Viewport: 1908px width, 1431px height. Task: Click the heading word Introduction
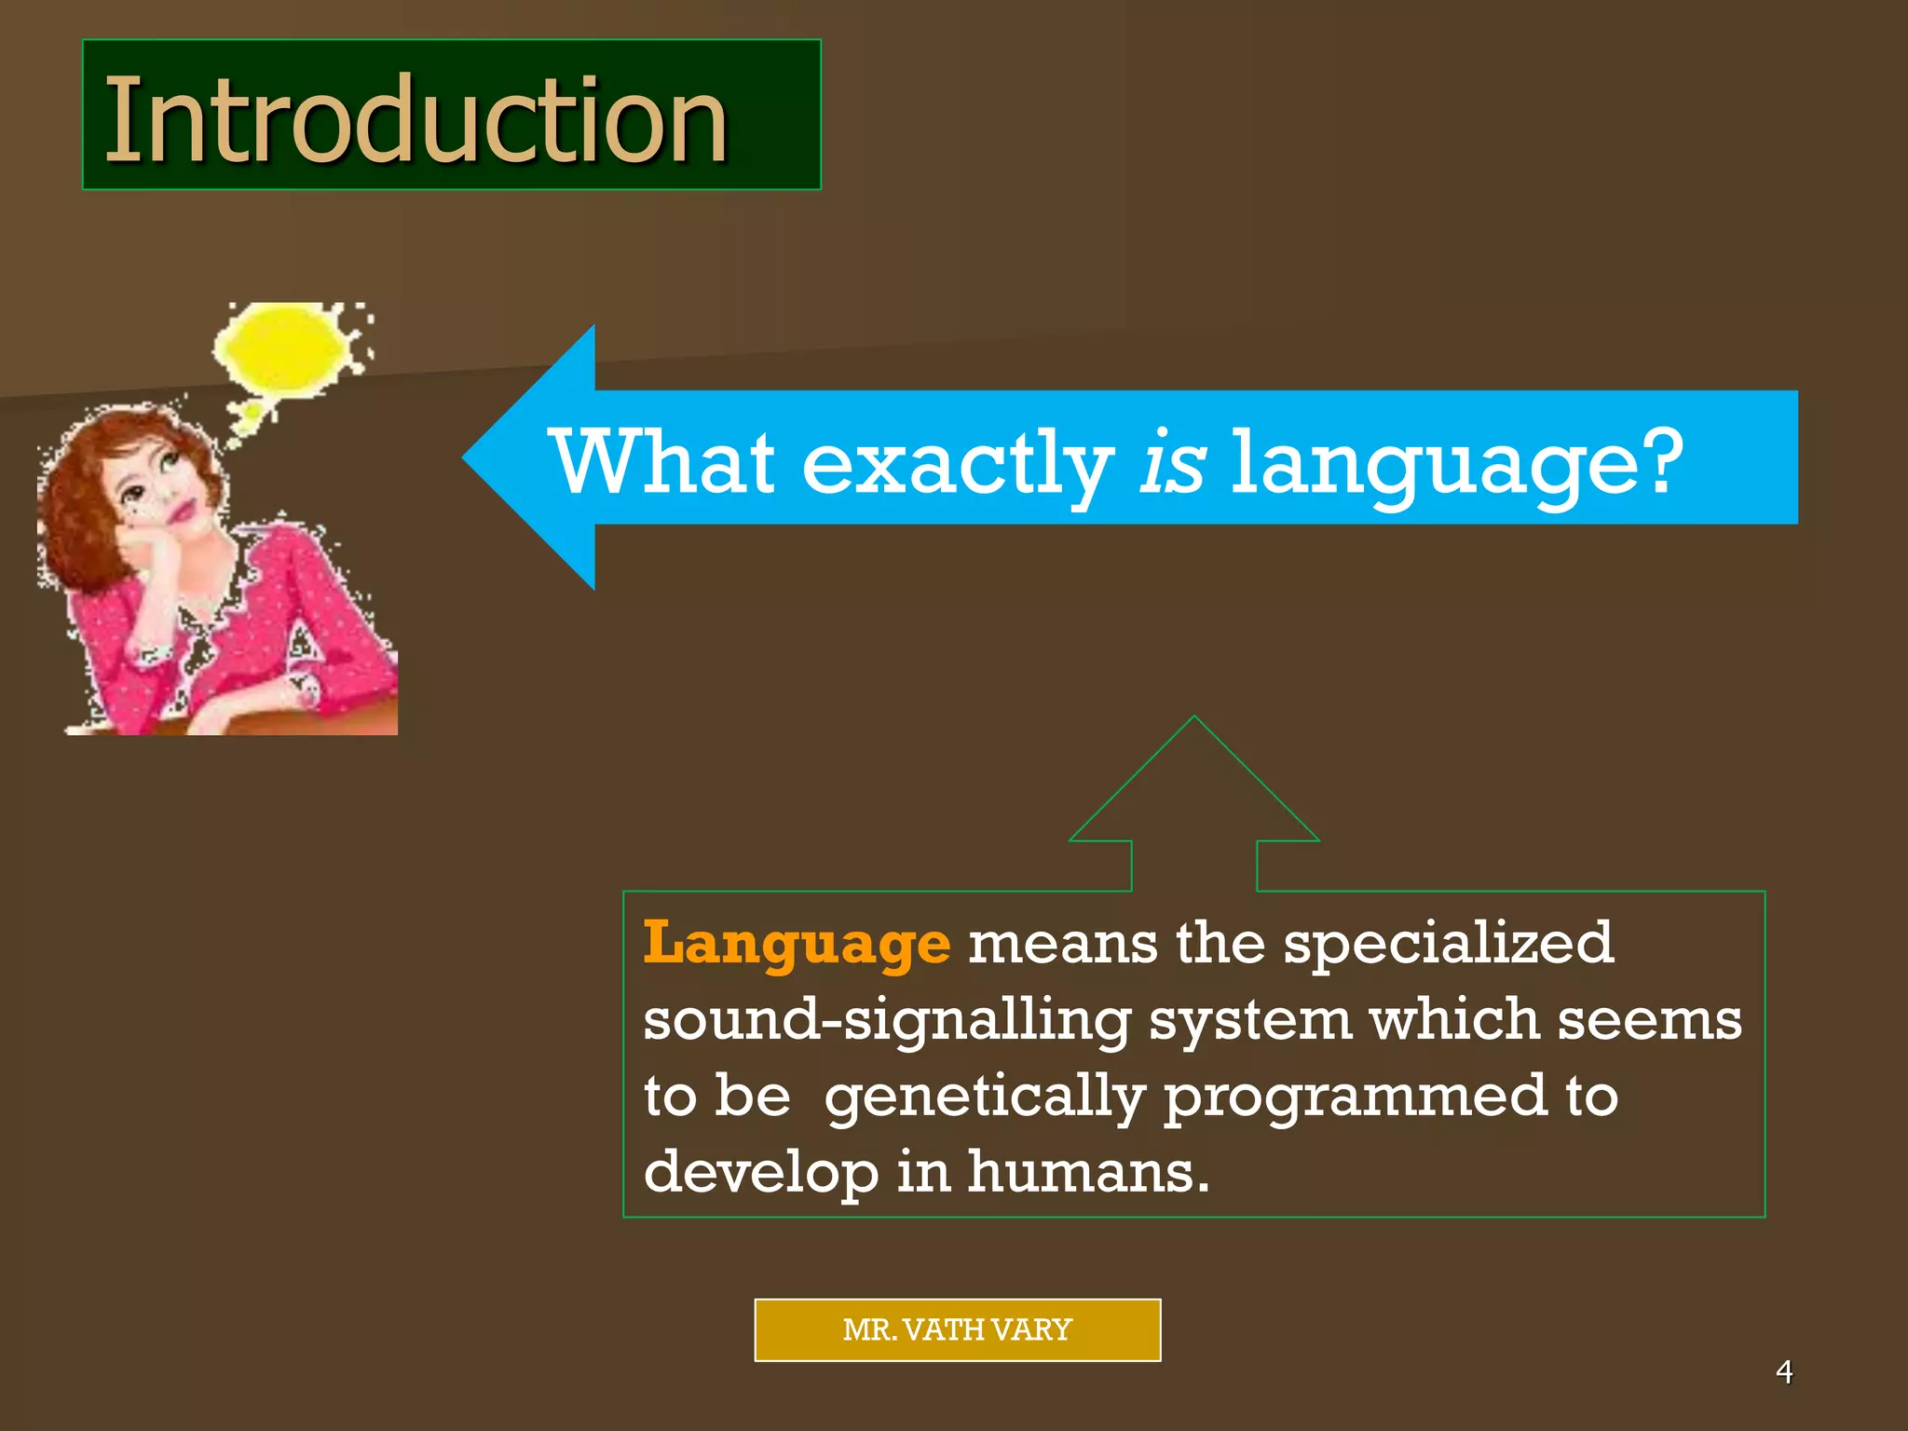[x=416, y=119]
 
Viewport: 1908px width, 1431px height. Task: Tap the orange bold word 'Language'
[x=797, y=945]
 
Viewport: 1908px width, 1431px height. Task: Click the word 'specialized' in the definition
[x=1448, y=945]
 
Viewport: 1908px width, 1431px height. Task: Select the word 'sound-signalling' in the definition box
[x=886, y=1021]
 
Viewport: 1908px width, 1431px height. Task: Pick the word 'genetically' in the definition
[x=985, y=1097]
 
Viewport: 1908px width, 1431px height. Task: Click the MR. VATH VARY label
[x=957, y=1329]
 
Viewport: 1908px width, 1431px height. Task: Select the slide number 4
[x=1784, y=1371]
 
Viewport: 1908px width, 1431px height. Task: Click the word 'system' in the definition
[x=1248, y=1021]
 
